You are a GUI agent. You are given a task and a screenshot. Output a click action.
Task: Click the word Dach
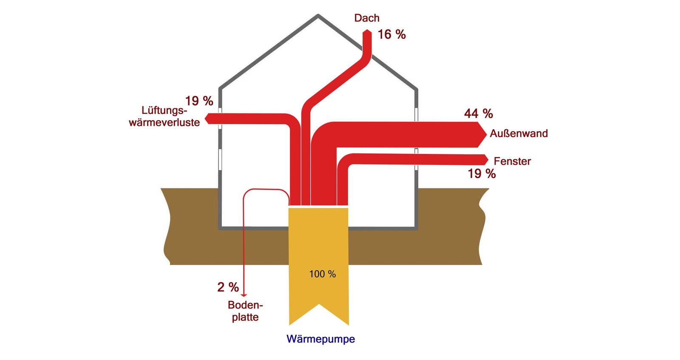pyautogui.click(x=367, y=18)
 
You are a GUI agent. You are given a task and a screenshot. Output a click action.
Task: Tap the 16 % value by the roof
pyautogui.click(x=391, y=34)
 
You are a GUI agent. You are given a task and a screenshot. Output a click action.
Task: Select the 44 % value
pyautogui.click(x=478, y=113)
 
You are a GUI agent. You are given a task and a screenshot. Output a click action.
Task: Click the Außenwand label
pyautogui.click(x=518, y=133)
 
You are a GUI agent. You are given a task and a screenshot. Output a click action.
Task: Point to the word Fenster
pyautogui.click(x=512, y=162)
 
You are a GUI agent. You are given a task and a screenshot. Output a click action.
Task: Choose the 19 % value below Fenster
pyautogui.click(x=482, y=173)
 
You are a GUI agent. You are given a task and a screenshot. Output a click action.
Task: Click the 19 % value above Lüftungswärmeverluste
pyautogui.click(x=199, y=101)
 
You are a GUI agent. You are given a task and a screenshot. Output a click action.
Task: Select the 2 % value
pyautogui.click(x=228, y=287)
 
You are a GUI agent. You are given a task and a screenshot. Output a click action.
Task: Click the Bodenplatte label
pyautogui.click(x=245, y=311)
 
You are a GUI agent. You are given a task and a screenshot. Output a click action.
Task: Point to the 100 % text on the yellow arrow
pyautogui.click(x=322, y=274)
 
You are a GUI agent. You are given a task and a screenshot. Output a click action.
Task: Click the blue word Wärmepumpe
pyautogui.click(x=320, y=339)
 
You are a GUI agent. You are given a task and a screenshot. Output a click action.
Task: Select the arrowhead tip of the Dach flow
pyautogui.click(x=366, y=31)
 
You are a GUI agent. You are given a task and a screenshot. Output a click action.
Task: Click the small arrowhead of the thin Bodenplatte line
pyautogui.click(x=244, y=295)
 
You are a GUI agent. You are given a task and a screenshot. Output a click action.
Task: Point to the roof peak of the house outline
pyautogui.click(x=318, y=16)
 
